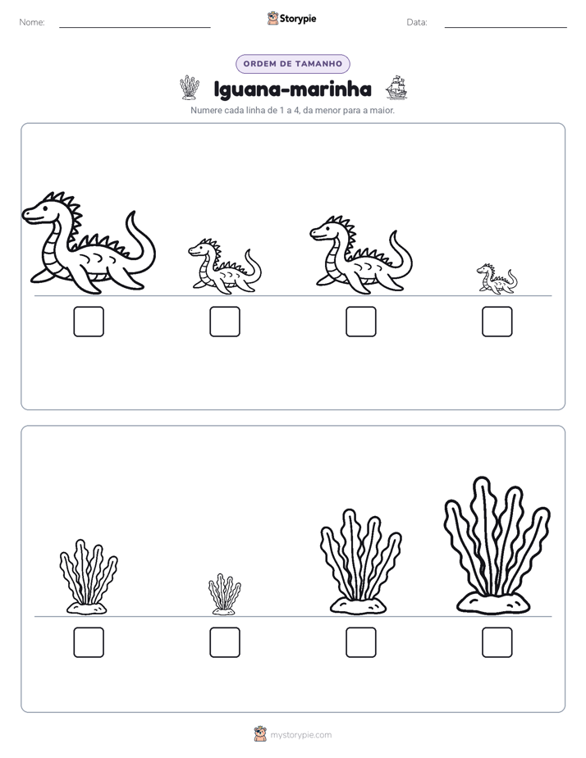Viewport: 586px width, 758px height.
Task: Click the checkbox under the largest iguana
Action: click(x=89, y=322)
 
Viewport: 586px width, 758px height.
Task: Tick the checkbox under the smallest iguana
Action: click(x=497, y=322)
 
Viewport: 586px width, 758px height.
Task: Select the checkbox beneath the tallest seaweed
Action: click(x=497, y=642)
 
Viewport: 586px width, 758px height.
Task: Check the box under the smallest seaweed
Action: click(x=225, y=642)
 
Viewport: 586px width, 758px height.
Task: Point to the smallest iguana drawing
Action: click(x=497, y=279)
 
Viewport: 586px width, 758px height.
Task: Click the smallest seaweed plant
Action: click(x=224, y=594)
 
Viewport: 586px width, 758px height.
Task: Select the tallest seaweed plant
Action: click(x=497, y=546)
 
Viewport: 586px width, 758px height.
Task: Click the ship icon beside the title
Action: click(x=396, y=88)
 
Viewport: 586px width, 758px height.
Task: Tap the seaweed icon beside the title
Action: click(x=190, y=88)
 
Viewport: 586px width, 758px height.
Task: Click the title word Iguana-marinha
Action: click(x=292, y=89)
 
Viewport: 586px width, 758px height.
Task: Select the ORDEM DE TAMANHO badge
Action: click(x=293, y=64)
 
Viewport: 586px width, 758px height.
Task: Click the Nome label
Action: click(x=32, y=22)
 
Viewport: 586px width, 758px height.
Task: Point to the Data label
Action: click(x=417, y=22)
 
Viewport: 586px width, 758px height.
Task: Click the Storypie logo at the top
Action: click(x=291, y=18)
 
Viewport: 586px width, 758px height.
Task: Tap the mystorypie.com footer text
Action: click(x=300, y=735)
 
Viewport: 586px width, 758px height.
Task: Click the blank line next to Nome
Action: click(x=135, y=28)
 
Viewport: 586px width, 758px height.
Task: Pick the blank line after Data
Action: click(x=506, y=28)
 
